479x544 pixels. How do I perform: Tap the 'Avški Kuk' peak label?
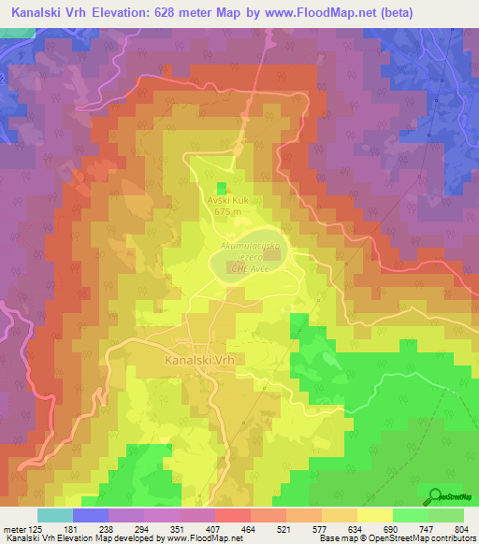[x=227, y=200]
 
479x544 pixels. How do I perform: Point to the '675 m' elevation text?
[x=227, y=211]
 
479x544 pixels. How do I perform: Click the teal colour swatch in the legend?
[x=54, y=515]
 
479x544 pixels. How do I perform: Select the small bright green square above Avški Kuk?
[x=222, y=189]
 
